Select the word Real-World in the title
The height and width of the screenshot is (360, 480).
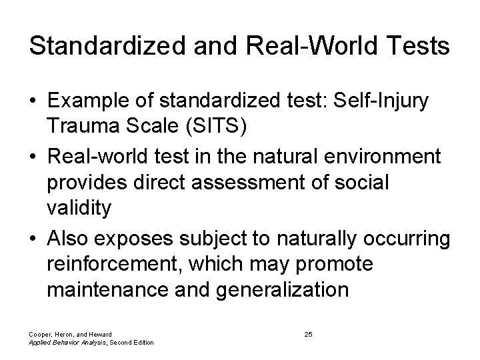coord(288,47)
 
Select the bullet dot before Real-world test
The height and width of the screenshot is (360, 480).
coord(33,157)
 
